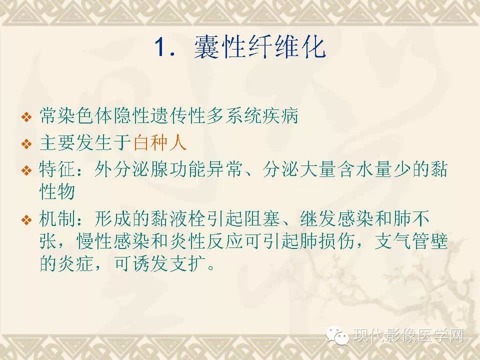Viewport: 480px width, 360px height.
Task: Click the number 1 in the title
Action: (x=160, y=47)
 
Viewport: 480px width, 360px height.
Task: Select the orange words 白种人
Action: (x=160, y=142)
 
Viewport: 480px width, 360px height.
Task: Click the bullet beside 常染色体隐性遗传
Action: (x=27, y=117)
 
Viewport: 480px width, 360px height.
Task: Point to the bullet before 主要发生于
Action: (x=27, y=144)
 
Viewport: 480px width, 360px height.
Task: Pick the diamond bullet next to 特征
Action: (x=27, y=170)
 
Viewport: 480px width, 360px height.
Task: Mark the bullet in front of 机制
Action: (x=27, y=219)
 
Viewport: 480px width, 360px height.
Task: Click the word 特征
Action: (x=57, y=169)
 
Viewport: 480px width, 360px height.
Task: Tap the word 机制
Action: (x=57, y=218)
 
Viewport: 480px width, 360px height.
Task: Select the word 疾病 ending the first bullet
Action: (x=280, y=115)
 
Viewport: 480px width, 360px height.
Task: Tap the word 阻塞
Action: (x=261, y=218)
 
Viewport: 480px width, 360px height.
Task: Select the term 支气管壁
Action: (x=411, y=241)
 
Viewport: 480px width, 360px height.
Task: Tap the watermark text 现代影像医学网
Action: (x=408, y=335)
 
